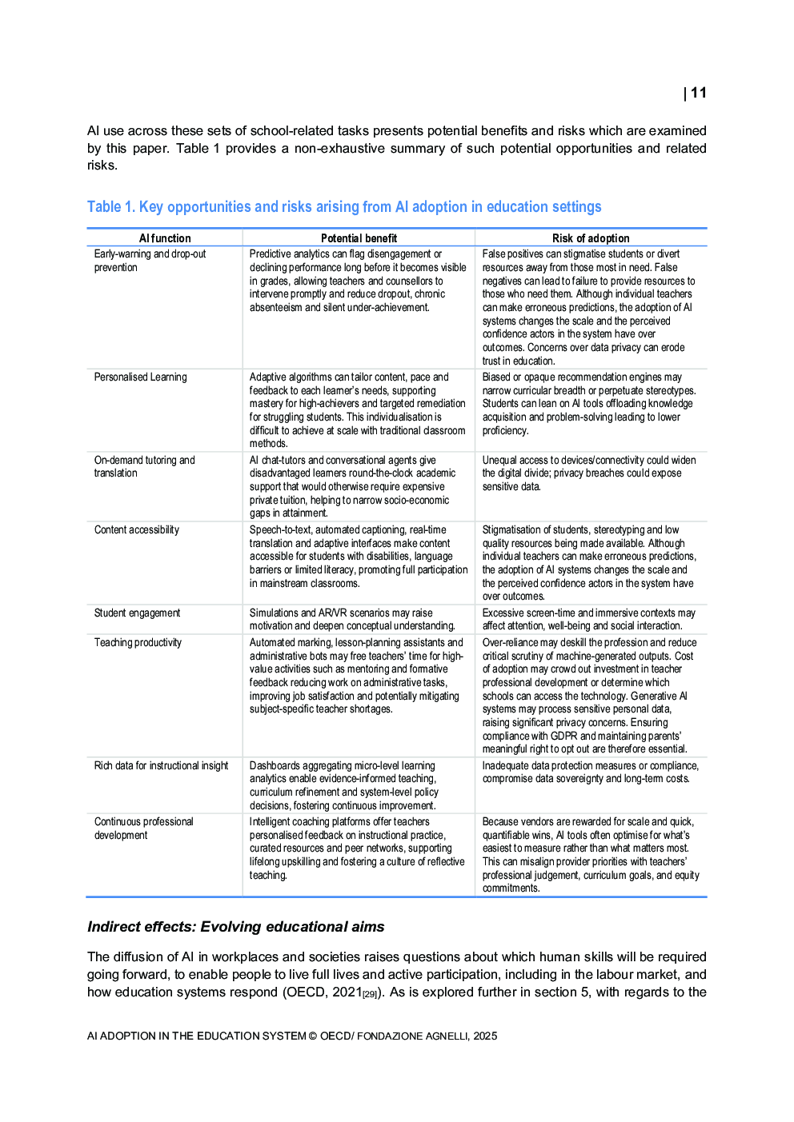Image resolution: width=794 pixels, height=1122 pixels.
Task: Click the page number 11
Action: [698, 93]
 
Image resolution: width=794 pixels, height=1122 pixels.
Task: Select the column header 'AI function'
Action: [165, 238]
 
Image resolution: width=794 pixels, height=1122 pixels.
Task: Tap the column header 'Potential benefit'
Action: [359, 238]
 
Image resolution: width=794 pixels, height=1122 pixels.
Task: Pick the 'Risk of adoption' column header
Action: [591, 238]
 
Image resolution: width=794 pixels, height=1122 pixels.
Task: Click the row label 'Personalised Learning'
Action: [141, 377]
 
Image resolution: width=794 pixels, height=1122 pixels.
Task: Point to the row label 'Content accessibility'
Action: [137, 529]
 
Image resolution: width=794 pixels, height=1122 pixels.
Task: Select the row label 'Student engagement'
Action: [138, 613]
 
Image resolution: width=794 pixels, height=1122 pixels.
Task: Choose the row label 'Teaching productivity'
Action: [138, 642]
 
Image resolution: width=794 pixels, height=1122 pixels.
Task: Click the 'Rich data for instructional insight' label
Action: [161, 765]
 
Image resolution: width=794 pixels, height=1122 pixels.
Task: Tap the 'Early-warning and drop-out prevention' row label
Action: [150, 261]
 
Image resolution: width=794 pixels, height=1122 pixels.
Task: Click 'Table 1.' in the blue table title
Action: [111, 207]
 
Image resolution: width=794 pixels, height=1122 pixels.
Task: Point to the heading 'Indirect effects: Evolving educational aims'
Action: [235, 927]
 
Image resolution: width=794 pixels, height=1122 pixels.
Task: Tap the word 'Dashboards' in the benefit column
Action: [274, 765]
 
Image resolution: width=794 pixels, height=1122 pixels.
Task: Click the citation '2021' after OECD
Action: [347, 992]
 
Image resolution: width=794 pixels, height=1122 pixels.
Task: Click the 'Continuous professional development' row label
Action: [144, 828]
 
